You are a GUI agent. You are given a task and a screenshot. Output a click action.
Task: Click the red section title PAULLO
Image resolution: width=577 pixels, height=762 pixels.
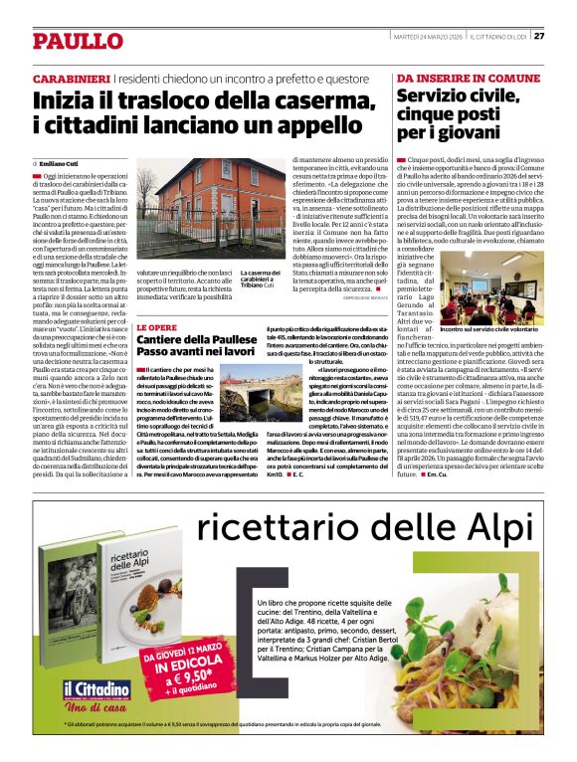pos(77,41)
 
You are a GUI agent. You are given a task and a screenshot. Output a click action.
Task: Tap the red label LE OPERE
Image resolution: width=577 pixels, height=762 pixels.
pos(156,326)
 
